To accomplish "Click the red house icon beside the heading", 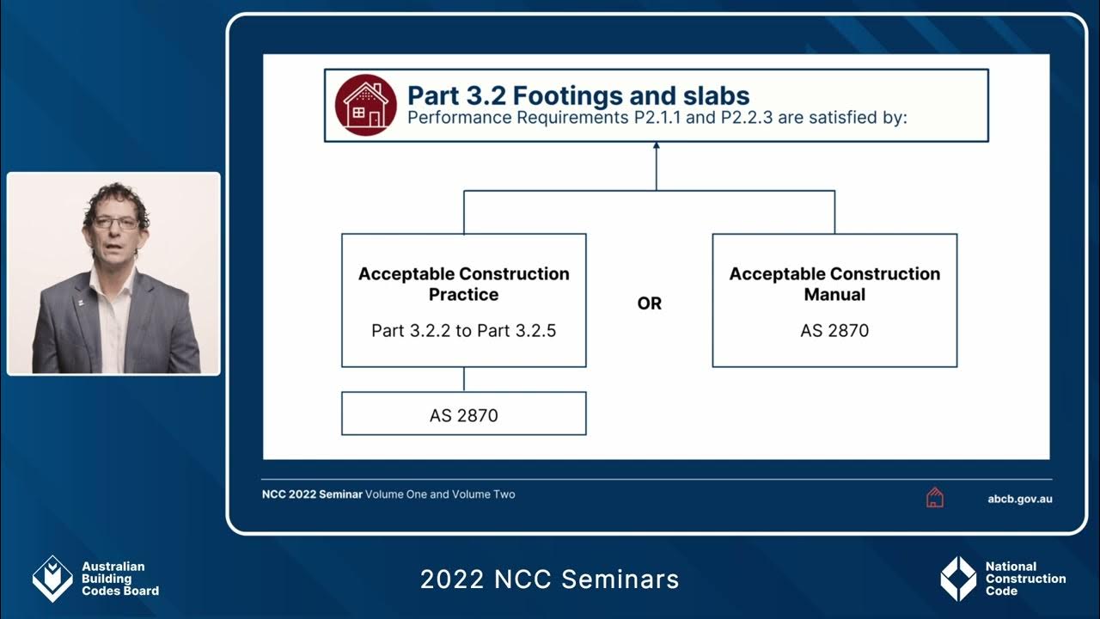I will [365, 105].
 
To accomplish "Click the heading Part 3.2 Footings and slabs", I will [577, 95].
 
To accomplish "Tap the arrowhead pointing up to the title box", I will [656, 147].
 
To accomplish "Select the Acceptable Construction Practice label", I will [463, 284].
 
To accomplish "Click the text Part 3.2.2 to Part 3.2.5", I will [463, 330].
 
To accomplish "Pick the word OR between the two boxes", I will [650, 303].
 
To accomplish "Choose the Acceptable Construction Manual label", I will [834, 284].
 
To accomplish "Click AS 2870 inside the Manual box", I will [834, 330].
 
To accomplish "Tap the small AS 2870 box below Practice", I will [463, 415].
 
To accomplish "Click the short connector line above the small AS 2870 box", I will [464, 379].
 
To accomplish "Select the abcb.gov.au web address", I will [1020, 499].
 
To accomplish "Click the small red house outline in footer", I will [935, 498].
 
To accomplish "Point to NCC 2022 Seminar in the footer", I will [312, 494].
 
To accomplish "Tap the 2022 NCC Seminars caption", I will [549, 579].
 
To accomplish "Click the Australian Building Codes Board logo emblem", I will [52, 578].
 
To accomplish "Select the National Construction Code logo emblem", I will [958, 578].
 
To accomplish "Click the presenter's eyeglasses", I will [116, 223].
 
